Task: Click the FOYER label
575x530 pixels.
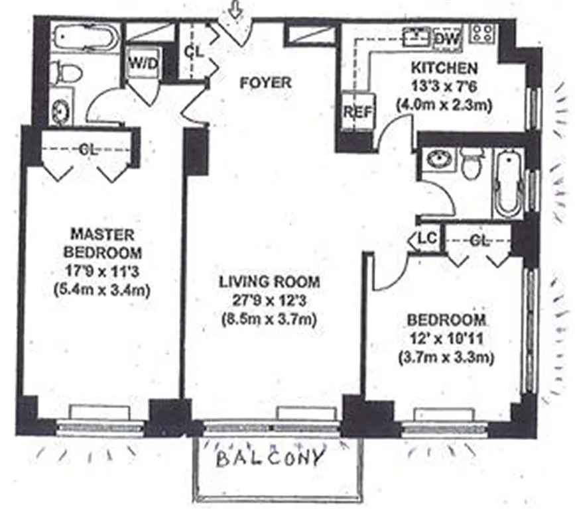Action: pos(265,83)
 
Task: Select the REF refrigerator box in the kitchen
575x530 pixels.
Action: pos(357,112)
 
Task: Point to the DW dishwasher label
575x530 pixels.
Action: pos(448,39)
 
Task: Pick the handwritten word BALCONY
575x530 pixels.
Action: pos(271,458)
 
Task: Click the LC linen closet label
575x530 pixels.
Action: pos(424,239)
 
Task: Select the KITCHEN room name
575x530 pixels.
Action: pos(443,68)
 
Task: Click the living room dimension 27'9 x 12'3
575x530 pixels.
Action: pos(269,299)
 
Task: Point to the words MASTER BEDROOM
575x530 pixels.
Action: pos(105,243)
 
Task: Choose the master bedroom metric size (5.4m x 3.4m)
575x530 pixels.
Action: pos(105,289)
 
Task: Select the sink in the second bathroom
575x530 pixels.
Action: pos(437,160)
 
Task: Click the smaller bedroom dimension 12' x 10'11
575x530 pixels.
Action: pos(446,339)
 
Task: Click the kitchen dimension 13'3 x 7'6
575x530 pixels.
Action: pos(444,86)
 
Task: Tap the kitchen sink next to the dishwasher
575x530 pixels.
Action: pos(416,34)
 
